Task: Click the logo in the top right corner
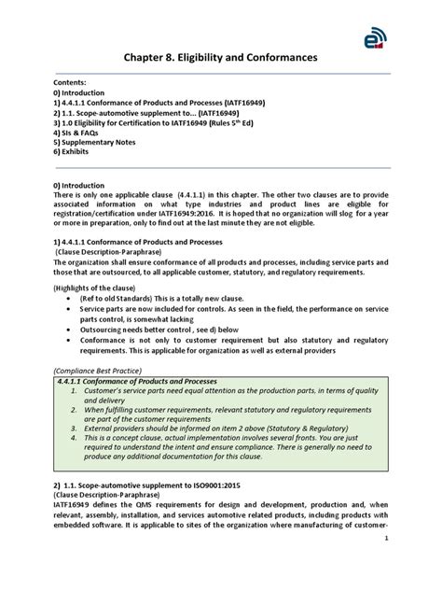click(x=377, y=34)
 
